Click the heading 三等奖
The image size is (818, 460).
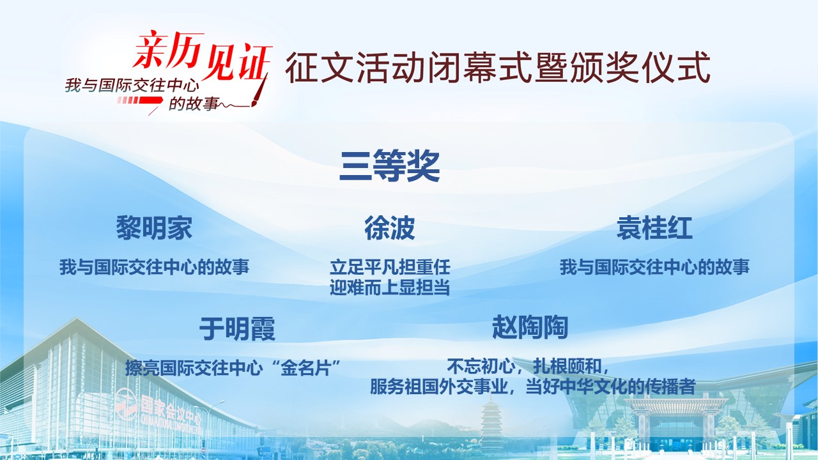click(x=389, y=166)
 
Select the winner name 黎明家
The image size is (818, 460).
click(x=154, y=228)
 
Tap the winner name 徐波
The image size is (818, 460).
click(x=390, y=228)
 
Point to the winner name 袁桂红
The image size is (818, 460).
click(x=654, y=228)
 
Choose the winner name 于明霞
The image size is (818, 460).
click(x=237, y=328)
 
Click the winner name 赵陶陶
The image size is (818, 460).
click(x=530, y=326)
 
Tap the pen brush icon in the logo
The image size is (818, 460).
click(x=260, y=89)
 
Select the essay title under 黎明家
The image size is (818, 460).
click(x=154, y=267)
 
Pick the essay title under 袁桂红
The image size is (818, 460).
click(x=654, y=267)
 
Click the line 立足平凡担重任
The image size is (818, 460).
click(x=390, y=267)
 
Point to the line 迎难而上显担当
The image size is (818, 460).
click(x=390, y=287)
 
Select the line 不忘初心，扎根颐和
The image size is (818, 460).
click(x=528, y=366)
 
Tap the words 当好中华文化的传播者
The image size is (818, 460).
click(x=610, y=387)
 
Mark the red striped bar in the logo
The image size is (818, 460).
click(x=139, y=100)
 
